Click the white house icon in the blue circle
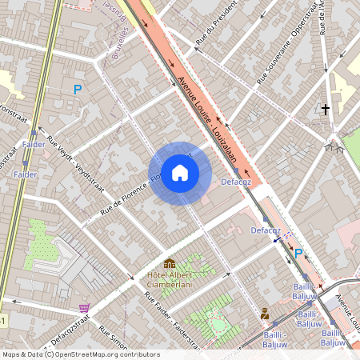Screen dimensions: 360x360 coord(180,173)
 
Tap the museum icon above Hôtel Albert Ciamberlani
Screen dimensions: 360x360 coord(170,263)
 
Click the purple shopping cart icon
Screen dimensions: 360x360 coord(84,307)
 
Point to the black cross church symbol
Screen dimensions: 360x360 coord(325,108)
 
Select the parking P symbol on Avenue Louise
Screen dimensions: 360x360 coord(298,254)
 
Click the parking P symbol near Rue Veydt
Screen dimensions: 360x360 coord(78,90)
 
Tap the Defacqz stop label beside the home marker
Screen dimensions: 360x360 coord(235,182)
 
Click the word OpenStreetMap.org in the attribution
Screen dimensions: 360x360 coord(83,354)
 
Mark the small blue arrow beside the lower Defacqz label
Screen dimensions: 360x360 coord(277,238)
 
